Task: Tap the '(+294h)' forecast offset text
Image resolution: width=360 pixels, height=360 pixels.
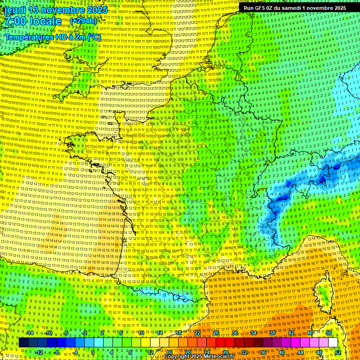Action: [x=83, y=21]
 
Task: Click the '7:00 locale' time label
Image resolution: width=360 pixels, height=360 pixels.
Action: [x=33, y=21]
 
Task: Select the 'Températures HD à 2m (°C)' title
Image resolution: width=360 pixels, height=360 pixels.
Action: [x=52, y=37]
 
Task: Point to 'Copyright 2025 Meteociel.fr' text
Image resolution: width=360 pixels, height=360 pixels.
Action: [x=199, y=357]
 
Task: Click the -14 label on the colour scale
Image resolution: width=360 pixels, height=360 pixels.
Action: [x=30, y=333]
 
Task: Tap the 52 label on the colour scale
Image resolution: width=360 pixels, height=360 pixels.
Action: [x=338, y=352]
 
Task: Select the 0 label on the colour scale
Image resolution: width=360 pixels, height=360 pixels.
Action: [x=93, y=352]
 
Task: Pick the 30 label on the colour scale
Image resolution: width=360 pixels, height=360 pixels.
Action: [x=234, y=333]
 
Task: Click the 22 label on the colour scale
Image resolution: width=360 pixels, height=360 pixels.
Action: [x=197, y=333]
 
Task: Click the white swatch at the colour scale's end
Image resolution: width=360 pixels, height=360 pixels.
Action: [x=333, y=343]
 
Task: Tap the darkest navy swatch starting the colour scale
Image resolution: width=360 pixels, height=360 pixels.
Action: [x=23, y=343]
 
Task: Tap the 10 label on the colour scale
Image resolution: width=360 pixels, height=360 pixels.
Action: [x=141, y=333]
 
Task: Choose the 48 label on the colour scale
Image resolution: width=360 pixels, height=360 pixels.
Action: [x=319, y=352]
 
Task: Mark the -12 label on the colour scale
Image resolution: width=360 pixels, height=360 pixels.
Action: [x=39, y=352]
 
